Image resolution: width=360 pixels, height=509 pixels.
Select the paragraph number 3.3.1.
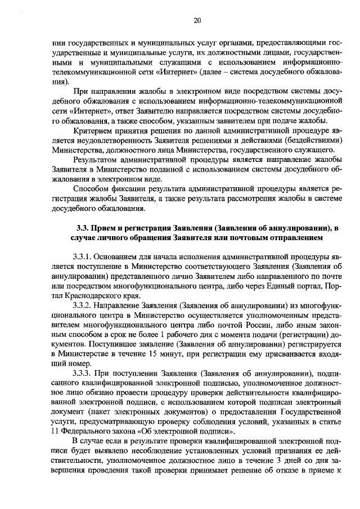pos(84,258)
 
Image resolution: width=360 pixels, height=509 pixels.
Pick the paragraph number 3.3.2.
pos(84,305)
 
